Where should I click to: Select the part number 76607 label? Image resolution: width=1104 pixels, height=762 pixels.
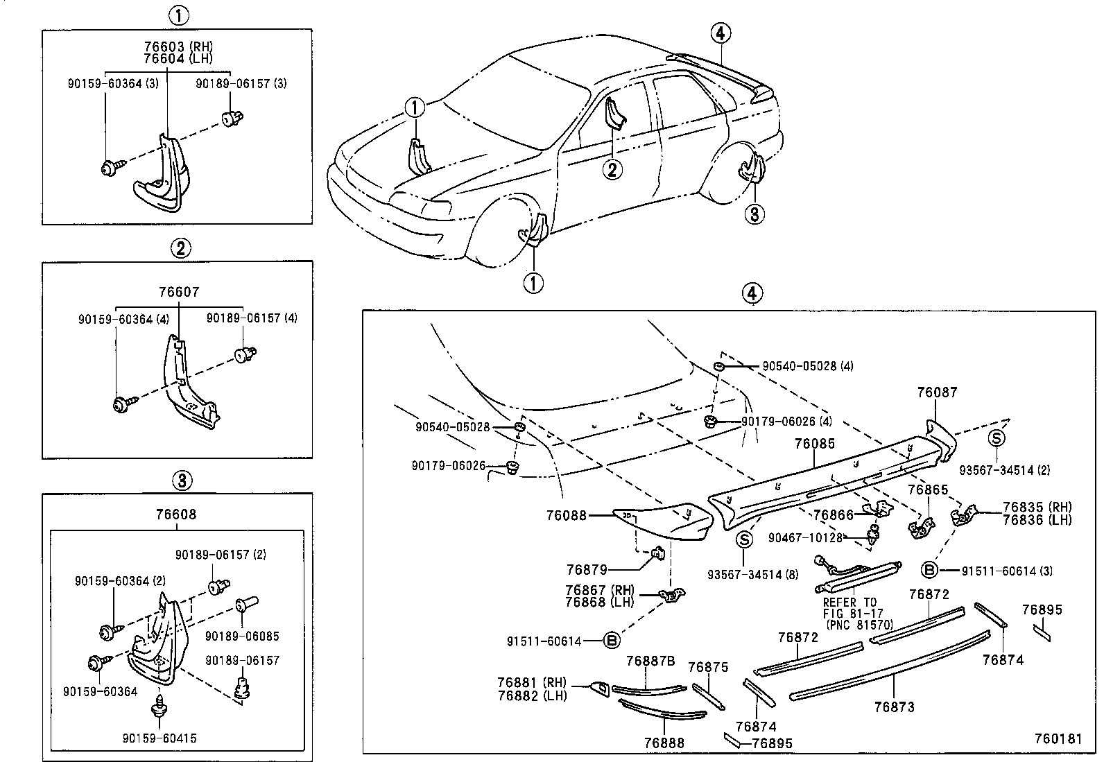179,293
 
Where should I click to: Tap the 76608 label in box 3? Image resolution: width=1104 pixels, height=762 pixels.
176,514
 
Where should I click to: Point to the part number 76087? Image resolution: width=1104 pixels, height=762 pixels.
937,392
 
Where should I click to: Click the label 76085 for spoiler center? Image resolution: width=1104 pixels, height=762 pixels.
815,444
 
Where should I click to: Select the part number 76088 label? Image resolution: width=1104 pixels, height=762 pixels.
566,515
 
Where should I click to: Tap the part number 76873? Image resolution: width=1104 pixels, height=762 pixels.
894,707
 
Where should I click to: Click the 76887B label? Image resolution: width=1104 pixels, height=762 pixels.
650,661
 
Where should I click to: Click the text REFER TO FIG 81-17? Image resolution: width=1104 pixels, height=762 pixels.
850,607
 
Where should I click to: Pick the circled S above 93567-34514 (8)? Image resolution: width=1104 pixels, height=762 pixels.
744,540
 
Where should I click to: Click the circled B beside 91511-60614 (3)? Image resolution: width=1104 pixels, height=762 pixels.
929,571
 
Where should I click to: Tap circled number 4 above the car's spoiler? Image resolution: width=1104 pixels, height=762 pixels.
721,33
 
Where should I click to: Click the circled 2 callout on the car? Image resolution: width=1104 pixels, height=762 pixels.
612,169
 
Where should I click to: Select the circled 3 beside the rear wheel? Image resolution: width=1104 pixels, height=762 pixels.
754,214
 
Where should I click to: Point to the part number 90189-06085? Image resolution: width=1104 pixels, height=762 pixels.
242,636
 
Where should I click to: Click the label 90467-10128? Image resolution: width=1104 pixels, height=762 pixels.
805,537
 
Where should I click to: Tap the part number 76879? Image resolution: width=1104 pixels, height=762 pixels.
587,569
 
